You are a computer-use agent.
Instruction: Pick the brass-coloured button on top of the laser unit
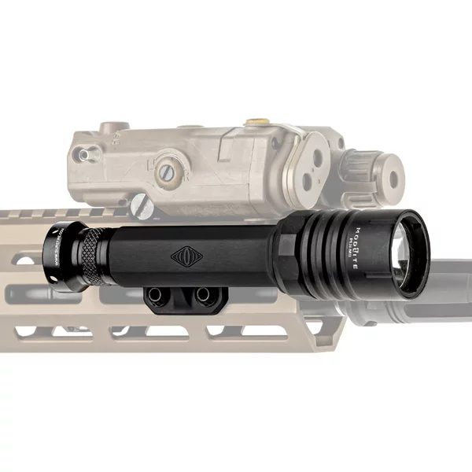pos(255,123)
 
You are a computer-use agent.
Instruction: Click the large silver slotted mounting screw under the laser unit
pos(142,206)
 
